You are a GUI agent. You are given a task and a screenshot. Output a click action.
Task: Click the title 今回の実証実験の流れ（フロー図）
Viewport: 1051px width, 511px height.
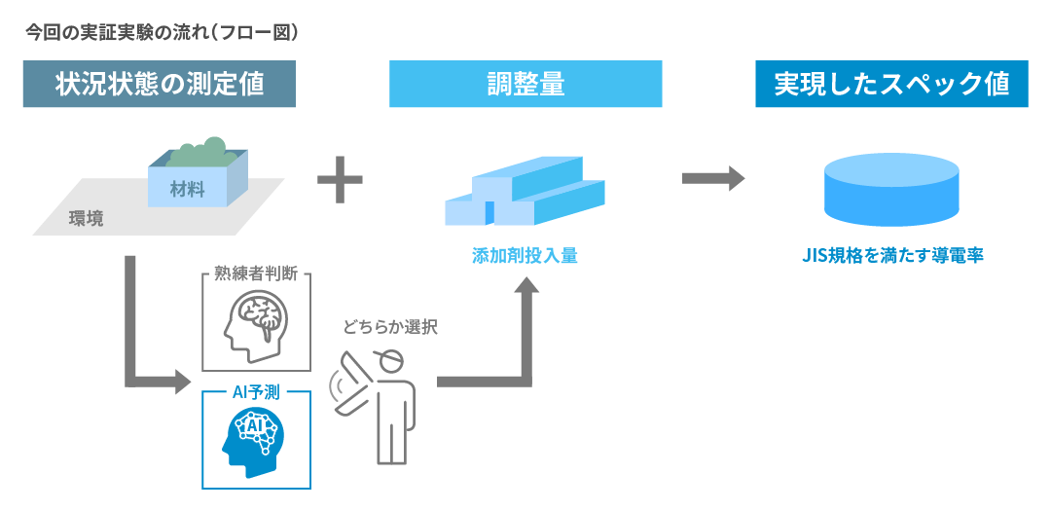coord(162,31)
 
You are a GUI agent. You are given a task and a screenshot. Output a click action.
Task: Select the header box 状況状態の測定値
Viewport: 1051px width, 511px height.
coord(160,84)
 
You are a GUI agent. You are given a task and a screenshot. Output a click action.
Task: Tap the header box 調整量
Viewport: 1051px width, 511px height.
coord(525,84)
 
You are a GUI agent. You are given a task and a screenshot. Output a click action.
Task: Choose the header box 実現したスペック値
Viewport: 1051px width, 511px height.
coord(891,84)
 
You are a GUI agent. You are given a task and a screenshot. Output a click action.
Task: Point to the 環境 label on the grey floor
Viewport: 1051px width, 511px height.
coord(86,218)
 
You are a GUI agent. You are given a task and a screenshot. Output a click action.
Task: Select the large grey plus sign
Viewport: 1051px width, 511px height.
coord(340,181)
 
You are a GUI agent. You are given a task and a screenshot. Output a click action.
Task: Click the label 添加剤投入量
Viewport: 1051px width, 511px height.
coord(525,256)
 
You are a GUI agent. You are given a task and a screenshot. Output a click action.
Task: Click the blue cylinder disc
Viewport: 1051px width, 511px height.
coord(891,190)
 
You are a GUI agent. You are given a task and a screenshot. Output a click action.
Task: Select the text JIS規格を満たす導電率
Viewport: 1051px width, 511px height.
coord(891,256)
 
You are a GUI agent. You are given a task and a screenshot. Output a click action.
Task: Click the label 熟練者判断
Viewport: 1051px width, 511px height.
coord(257,275)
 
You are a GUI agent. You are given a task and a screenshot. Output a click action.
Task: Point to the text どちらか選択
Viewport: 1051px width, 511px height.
coord(390,327)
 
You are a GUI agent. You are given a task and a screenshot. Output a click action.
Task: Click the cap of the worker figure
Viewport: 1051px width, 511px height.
coord(386,361)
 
